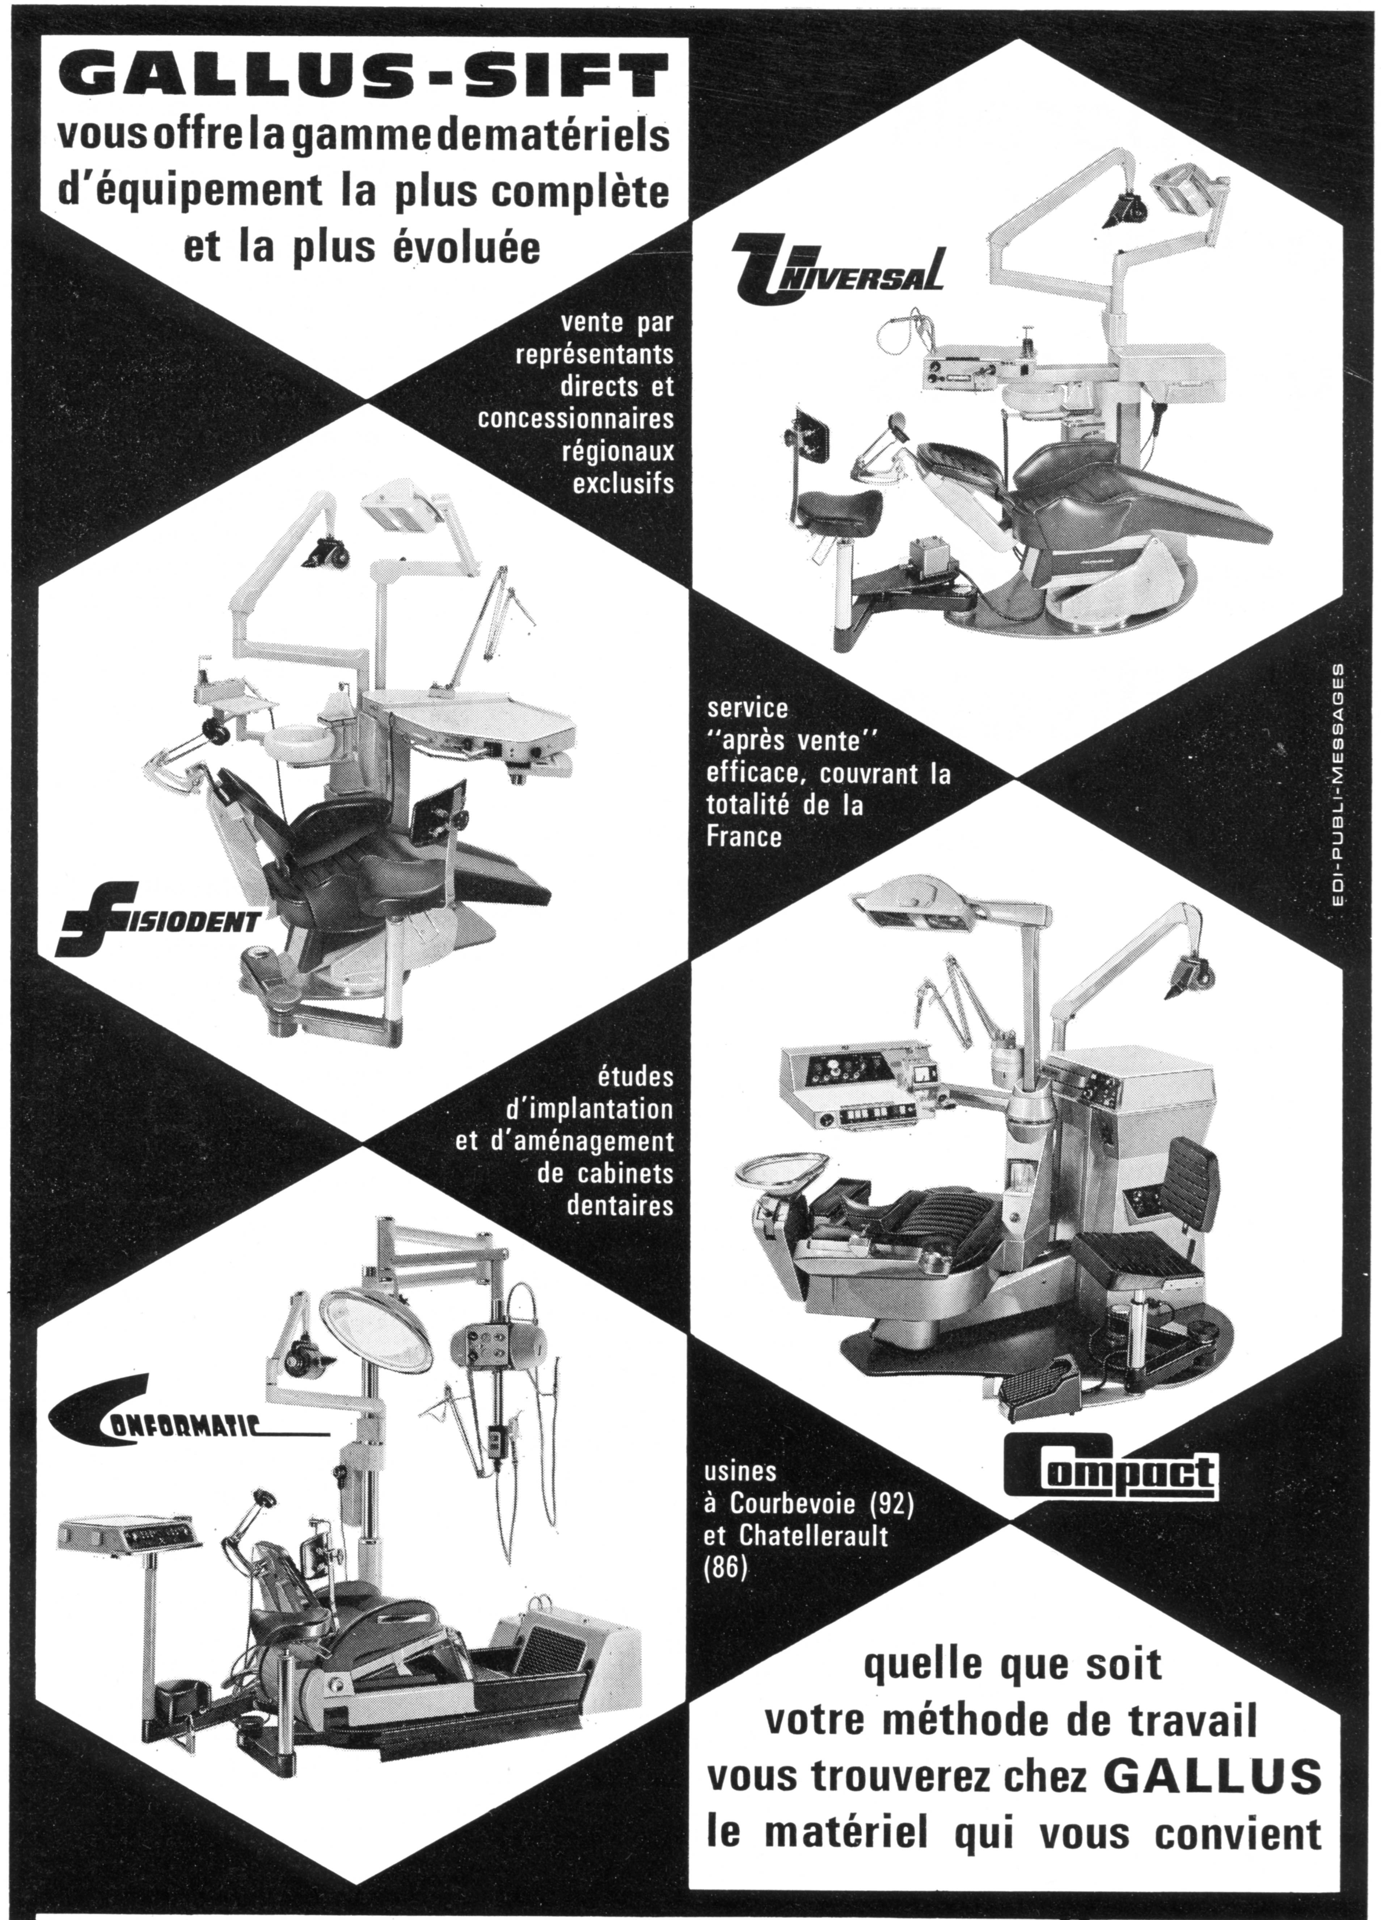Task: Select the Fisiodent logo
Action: pos(157,918)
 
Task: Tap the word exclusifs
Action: pos(624,483)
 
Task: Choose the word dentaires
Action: pos(620,1205)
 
